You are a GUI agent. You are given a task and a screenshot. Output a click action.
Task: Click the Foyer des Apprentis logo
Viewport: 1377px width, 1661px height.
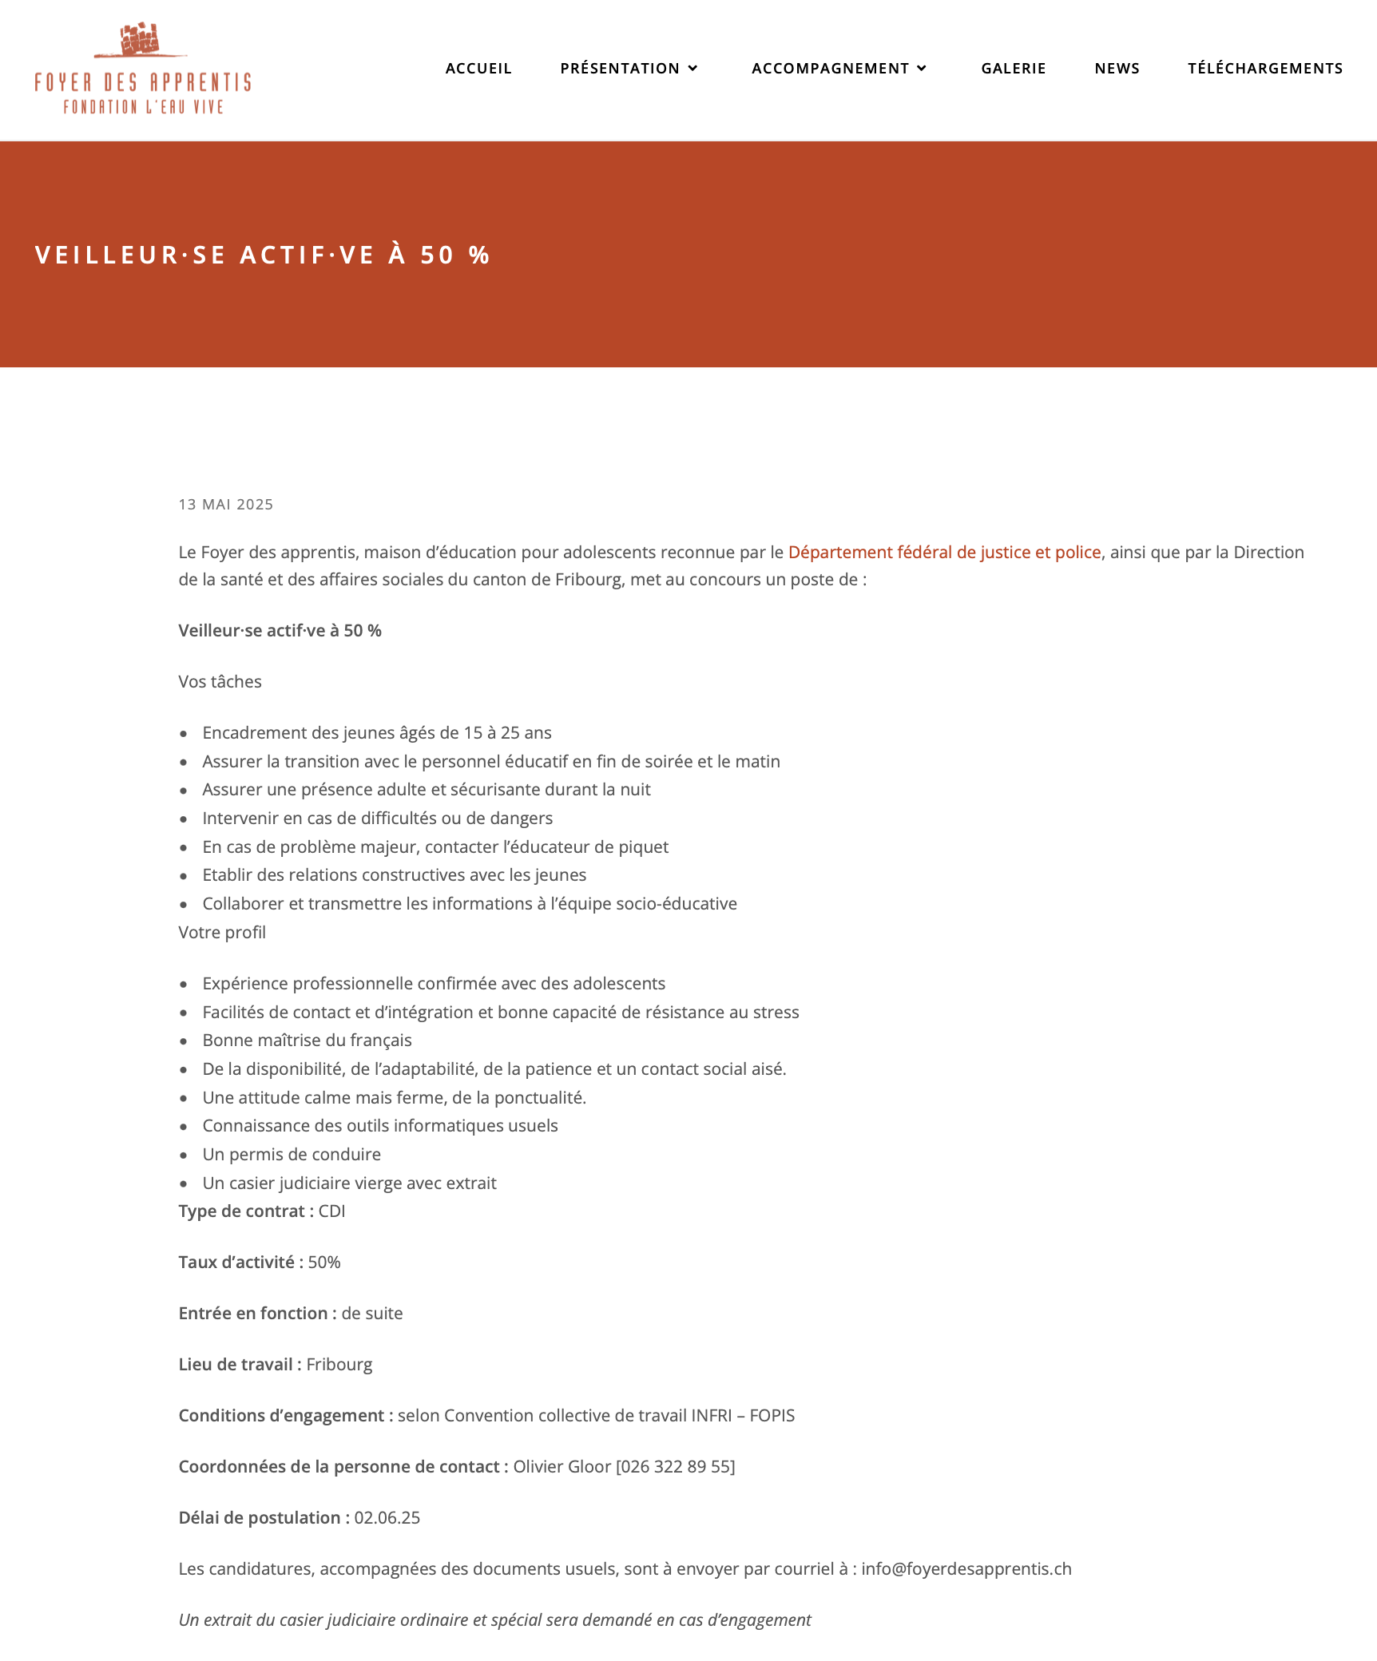coord(143,69)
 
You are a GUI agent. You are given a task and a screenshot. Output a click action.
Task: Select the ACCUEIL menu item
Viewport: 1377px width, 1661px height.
coord(478,69)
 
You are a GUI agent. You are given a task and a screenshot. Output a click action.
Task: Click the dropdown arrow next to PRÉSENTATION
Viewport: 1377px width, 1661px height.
coord(693,69)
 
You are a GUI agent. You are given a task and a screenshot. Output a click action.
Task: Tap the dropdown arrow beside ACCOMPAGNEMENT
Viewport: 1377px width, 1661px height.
coord(922,69)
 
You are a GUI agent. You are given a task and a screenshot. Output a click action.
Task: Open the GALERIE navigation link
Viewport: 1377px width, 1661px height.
coord(1014,69)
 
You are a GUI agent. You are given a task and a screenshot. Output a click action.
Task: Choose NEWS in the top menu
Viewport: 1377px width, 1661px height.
coord(1117,69)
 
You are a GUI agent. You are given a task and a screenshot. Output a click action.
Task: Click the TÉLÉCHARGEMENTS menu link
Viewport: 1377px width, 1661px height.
coord(1265,69)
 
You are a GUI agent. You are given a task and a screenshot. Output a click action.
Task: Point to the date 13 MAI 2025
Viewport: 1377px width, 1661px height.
coord(226,505)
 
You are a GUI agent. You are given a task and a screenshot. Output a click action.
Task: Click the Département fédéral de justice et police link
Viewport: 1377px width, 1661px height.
coord(944,553)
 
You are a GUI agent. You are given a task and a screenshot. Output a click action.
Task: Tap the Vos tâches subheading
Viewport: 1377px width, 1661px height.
coord(220,682)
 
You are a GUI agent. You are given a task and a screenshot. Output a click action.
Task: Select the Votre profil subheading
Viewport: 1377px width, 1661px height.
coord(222,933)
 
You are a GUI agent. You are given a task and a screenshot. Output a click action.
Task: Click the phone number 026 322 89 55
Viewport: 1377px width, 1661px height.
coord(676,1467)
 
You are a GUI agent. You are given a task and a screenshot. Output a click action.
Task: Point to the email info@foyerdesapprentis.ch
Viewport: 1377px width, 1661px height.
coord(966,1569)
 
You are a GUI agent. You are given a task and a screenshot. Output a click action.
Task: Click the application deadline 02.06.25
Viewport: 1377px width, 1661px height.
coord(387,1518)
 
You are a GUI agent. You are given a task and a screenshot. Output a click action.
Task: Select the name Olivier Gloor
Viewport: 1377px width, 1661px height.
coord(562,1467)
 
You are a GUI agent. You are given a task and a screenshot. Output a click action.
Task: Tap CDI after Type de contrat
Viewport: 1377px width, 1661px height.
coord(332,1211)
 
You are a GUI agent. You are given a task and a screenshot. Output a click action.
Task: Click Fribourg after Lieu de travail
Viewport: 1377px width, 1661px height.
coord(339,1365)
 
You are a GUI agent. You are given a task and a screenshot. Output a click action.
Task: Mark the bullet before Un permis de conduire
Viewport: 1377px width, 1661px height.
coord(184,1156)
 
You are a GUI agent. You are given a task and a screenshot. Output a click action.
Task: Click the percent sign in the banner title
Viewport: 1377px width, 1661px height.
coord(479,255)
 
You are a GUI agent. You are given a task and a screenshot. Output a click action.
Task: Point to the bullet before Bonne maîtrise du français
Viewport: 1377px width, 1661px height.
coord(184,1041)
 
